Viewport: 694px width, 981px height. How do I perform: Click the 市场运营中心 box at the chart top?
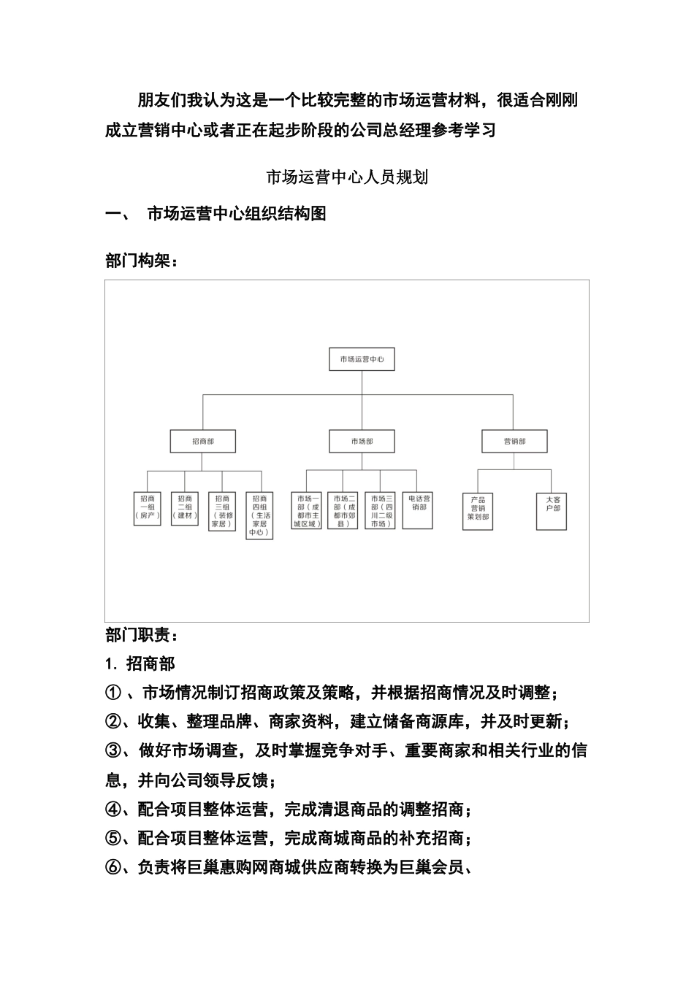click(x=362, y=359)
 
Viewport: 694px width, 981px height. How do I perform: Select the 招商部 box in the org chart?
click(x=203, y=441)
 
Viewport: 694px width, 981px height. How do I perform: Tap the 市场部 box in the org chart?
click(x=362, y=441)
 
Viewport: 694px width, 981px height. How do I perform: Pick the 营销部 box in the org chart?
click(x=514, y=441)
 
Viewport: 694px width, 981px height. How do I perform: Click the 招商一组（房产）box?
click(x=148, y=508)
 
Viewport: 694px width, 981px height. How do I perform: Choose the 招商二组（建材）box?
click(x=185, y=508)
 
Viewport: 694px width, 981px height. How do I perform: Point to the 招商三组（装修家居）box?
click(x=222, y=510)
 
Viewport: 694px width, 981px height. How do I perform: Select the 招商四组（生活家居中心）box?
click(x=259, y=515)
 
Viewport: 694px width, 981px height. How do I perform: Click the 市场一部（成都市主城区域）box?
click(x=306, y=510)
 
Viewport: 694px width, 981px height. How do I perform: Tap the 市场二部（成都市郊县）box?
click(x=343, y=510)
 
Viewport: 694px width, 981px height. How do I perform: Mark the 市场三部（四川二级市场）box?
click(x=380, y=510)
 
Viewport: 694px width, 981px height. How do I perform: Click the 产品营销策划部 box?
click(x=478, y=511)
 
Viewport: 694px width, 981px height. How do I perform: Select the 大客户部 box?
click(x=552, y=511)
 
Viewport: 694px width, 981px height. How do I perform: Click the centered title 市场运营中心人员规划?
click(x=347, y=177)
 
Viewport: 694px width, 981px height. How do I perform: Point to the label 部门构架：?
click(x=142, y=261)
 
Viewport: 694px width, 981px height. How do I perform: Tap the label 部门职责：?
click(x=142, y=635)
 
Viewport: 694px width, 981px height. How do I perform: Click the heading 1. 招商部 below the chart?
click(x=140, y=663)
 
